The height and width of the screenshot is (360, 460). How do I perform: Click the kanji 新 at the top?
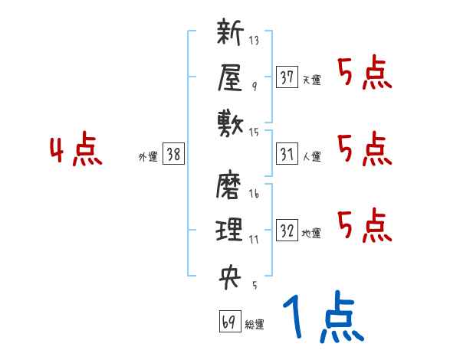pyautogui.click(x=230, y=34)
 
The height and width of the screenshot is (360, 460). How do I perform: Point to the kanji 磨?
pyautogui.click(x=230, y=186)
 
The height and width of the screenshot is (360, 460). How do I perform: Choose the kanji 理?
pyautogui.click(x=230, y=230)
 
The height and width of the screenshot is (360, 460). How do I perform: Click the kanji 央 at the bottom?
pyautogui.click(x=230, y=275)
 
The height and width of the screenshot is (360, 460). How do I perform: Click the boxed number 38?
pyautogui.click(x=173, y=155)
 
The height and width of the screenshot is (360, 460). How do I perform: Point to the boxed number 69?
pyautogui.click(x=228, y=322)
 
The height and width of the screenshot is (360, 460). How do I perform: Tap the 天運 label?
pyautogui.click(x=311, y=80)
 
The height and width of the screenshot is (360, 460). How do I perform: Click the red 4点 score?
pyautogui.click(x=76, y=151)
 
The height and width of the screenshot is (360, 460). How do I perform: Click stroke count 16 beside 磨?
pyautogui.click(x=254, y=195)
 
